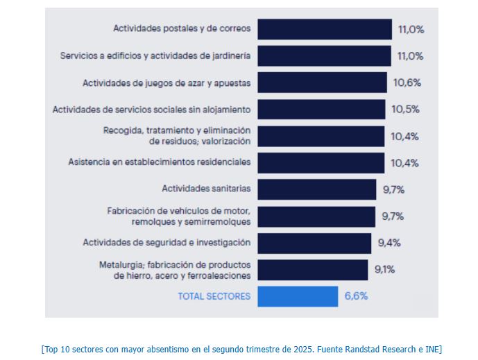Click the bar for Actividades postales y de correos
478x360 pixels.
pyautogui.click(x=324, y=29)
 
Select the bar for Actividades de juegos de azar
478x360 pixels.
pyautogui.click(x=323, y=83)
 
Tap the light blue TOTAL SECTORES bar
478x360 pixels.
pyautogui.click(x=298, y=296)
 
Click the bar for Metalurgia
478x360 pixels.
pyautogui.click(x=312, y=270)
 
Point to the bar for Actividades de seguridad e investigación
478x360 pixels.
pyautogui.click(x=314, y=243)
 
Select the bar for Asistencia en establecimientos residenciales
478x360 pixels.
pyautogui.click(x=321, y=162)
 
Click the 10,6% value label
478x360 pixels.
pyautogui.click(x=407, y=83)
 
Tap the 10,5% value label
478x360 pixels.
pyautogui.click(x=405, y=110)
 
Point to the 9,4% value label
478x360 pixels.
pyautogui.click(x=389, y=243)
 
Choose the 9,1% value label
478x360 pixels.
pyautogui.click(x=385, y=269)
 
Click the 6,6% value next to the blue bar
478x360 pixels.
pyautogui.click(x=356, y=296)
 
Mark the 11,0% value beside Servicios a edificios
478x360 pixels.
pyautogui.click(x=410, y=56)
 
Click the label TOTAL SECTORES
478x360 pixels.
pyautogui.click(x=214, y=296)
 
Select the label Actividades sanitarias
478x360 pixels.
pyautogui.click(x=206, y=189)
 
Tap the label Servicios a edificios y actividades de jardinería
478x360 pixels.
pyautogui.click(x=155, y=56)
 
